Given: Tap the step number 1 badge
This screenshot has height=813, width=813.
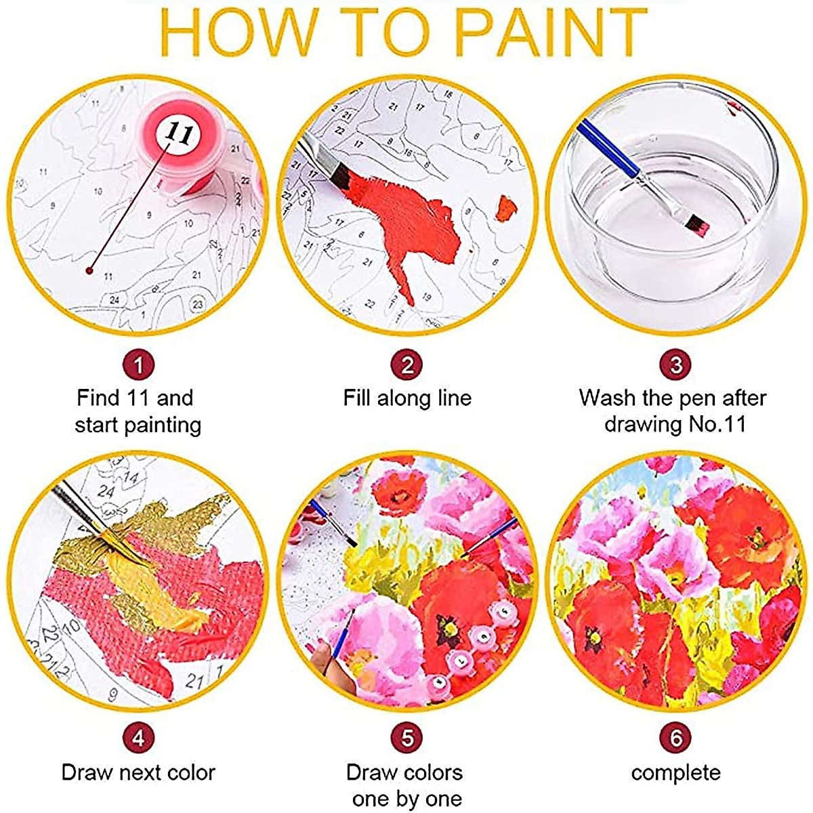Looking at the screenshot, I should tap(138, 366).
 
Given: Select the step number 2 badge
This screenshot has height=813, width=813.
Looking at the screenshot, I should tap(406, 366).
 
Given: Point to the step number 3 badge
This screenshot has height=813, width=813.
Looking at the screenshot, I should tap(675, 366).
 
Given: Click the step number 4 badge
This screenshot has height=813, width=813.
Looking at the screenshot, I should tap(138, 738).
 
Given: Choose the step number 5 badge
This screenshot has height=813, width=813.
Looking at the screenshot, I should tap(406, 738).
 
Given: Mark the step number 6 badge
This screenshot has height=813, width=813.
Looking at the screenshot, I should tap(675, 738).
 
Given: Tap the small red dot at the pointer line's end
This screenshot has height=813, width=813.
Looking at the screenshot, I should tap(89, 270).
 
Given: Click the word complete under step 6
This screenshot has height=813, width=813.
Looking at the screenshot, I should tap(675, 772).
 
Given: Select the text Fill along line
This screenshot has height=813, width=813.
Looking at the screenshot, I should tap(406, 398).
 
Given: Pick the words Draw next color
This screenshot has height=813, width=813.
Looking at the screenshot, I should tap(138, 772).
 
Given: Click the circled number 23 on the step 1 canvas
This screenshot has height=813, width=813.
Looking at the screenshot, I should tap(197, 304).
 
